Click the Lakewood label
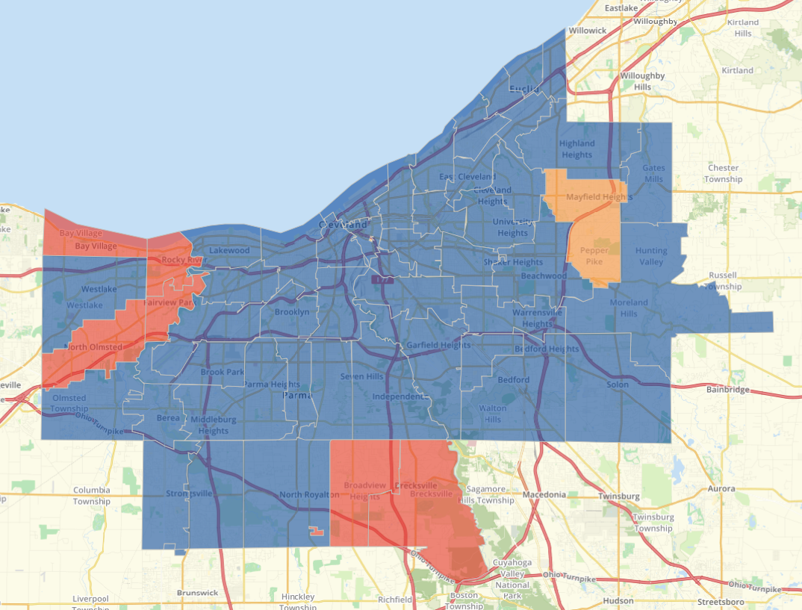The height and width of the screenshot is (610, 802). coord(229,251)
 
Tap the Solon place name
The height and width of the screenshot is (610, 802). coord(618,384)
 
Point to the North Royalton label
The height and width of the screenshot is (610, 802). coord(308,495)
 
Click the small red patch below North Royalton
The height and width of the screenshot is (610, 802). coord(317,532)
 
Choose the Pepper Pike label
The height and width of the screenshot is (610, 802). coord(594,256)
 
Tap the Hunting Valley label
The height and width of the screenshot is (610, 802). coord(651,256)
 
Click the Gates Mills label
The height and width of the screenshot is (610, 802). coord(653,173)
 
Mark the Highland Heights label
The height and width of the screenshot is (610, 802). coord(576,149)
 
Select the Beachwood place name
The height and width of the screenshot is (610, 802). coord(544,276)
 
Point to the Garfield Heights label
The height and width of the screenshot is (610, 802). coord(438,345)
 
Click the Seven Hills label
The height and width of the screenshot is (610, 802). coord(361,376)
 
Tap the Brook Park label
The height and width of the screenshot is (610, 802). coord(222,372)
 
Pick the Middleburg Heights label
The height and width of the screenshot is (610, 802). coord(214,425)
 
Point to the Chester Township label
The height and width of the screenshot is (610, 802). coord(724,173)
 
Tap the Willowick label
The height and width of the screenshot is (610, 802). coord(588,31)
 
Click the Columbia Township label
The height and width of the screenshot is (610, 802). coord(92,496)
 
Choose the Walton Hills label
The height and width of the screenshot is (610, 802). coord(492,414)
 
